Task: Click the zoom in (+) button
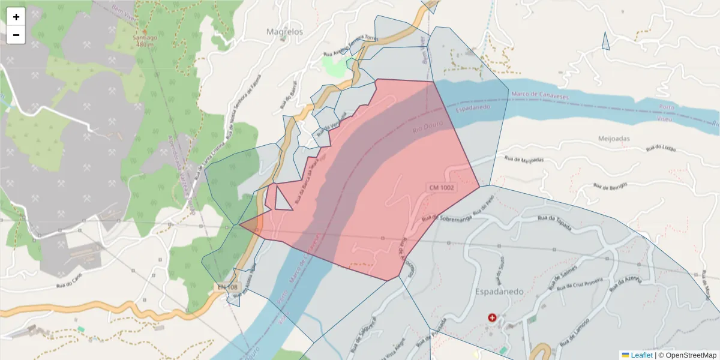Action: [x=16, y=17]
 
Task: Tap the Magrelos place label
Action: [x=284, y=31]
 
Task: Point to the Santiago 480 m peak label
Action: [x=145, y=40]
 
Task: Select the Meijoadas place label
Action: [x=614, y=139]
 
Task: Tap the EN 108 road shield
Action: [x=227, y=288]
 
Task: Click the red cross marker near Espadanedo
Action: [x=493, y=317]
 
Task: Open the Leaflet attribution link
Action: [x=641, y=355]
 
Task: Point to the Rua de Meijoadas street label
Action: [x=524, y=160]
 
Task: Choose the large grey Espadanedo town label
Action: [x=499, y=292]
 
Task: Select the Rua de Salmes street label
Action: [x=565, y=274]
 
